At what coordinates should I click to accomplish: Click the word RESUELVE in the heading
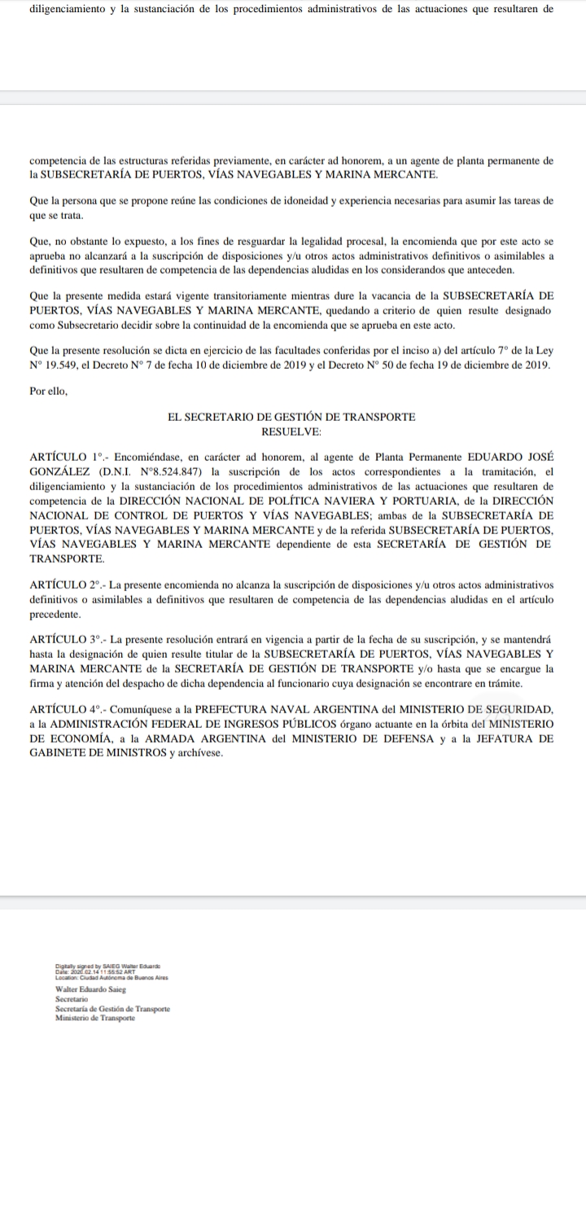point(291,430)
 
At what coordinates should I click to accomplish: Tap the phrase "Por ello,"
point(48,391)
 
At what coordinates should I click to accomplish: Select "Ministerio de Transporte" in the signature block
point(95,1019)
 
